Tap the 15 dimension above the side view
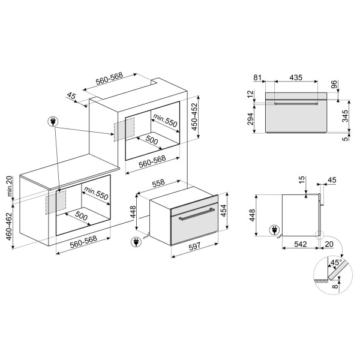pos(302,180)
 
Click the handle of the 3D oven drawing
pos(194,213)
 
